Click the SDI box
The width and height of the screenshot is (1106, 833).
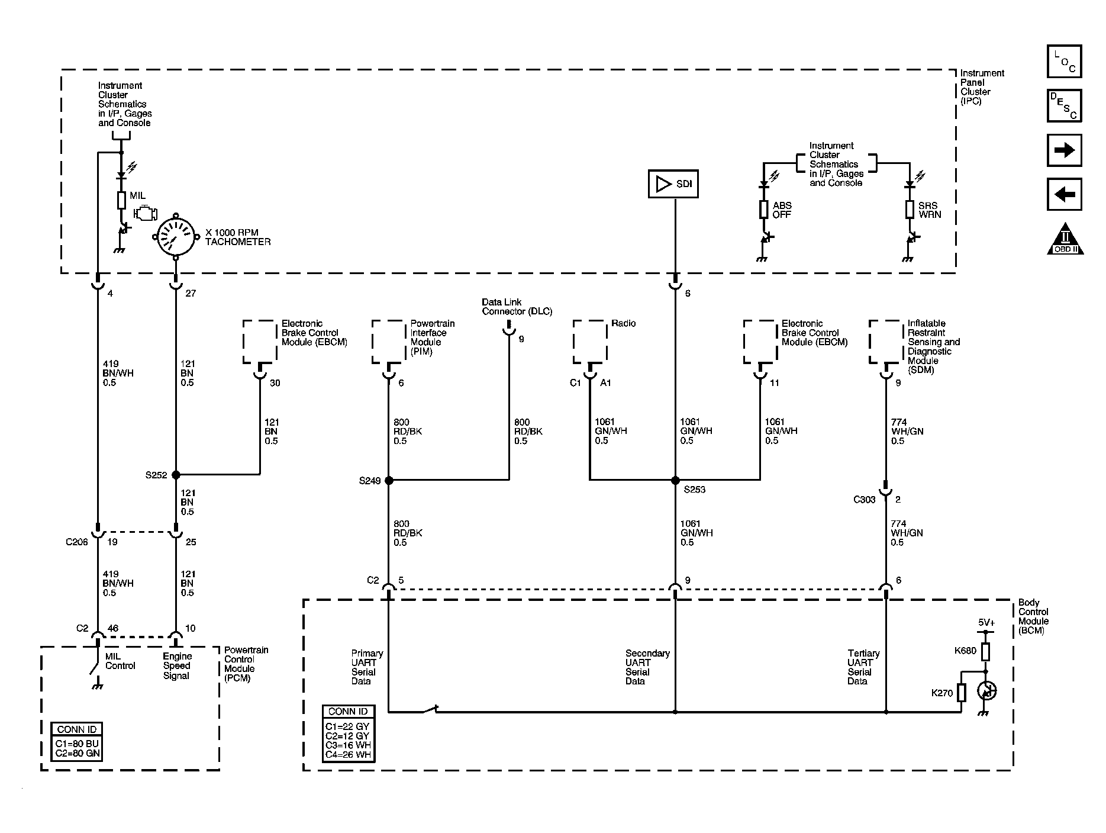[x=673, y=184]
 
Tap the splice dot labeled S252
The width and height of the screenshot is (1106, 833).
[x=175, y=475]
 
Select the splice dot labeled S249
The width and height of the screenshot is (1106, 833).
[x=389, y=481]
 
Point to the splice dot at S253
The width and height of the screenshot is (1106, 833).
[x=675, y=481]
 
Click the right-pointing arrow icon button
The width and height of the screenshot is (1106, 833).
[x=1064, y=150]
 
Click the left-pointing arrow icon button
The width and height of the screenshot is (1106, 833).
[x=1064, y=194]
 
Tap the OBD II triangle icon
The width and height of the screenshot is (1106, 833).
[x=1065, y=240]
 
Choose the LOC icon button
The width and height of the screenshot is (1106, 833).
[x=1064, y=62]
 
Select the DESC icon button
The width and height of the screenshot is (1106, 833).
[x=1064, y=106]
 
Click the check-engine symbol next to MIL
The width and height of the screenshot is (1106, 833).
[x=145, y=213]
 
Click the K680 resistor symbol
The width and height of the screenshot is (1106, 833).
[x=985, y=652]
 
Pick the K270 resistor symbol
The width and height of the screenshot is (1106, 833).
[x=962, y=692]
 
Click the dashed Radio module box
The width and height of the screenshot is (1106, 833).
[x=590, y=342]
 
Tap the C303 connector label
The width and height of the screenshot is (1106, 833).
[x=864, y=500]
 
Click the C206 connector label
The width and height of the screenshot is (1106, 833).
[x=77, y=542]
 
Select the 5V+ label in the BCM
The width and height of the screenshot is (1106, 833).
[x=985, y=622]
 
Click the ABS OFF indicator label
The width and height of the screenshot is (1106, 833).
[x=782, y=210]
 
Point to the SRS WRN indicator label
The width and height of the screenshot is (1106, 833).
[x=930, y=210]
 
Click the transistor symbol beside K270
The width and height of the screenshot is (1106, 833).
[x=986, y=691]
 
